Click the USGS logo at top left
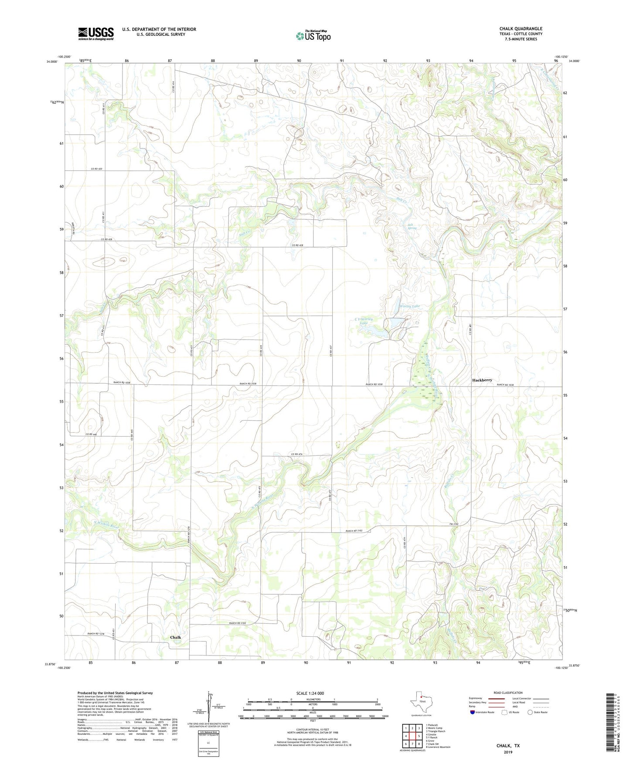coord(96,33)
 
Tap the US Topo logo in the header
coord(313,36)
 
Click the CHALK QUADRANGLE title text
coord(521,29)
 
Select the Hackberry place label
coord(482,380)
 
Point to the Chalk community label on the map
coord(175,637)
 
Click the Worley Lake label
coord(409,306)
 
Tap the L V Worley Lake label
coord(364,321)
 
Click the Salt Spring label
coord(412,226)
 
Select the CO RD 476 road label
coord(297,454)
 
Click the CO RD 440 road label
coord(91,434)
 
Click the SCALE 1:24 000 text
coord(310,693)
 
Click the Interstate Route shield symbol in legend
coord(473,712)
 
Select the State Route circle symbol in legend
coord(530,712)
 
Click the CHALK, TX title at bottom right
coord(508,745)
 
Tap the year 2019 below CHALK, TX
coord(508,752)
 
